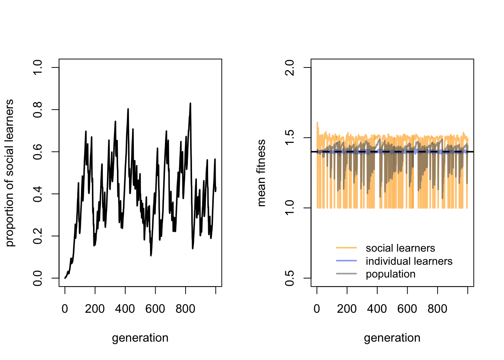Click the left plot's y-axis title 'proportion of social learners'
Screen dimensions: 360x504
(x=10, y=173)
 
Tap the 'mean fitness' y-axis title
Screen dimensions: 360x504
(x=261, y=173)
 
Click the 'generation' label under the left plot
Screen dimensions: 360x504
(x=140, y=338)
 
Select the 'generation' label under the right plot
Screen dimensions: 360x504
(x=392, y=338)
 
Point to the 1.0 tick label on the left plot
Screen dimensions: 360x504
(x=38, y=67)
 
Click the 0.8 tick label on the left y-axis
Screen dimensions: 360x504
(x=38, y=109)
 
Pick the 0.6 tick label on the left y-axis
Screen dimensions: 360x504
(x=38, y=151)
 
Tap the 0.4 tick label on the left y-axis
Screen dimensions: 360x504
(x=38, y=194)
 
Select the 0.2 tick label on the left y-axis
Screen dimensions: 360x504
(x=38, y=236)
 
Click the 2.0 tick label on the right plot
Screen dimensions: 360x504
(x=290, y=67)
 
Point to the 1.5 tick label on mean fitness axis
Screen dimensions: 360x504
(x=290, y=138)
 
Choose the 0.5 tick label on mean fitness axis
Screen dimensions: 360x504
(x=290, y=278)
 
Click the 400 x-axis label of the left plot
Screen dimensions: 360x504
(x=125, y=309)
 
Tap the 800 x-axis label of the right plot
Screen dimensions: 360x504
(x=437, y=309)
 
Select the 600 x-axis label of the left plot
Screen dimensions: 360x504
(x=155, y=309)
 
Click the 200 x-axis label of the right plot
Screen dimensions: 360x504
(x=347, y=309)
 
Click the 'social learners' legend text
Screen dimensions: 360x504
(x=400, y=248)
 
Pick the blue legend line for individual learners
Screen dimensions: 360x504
(x=346, y=261)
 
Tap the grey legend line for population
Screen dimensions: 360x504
(x=346, y=274)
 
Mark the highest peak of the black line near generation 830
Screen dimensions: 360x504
(x=190, y=103)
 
